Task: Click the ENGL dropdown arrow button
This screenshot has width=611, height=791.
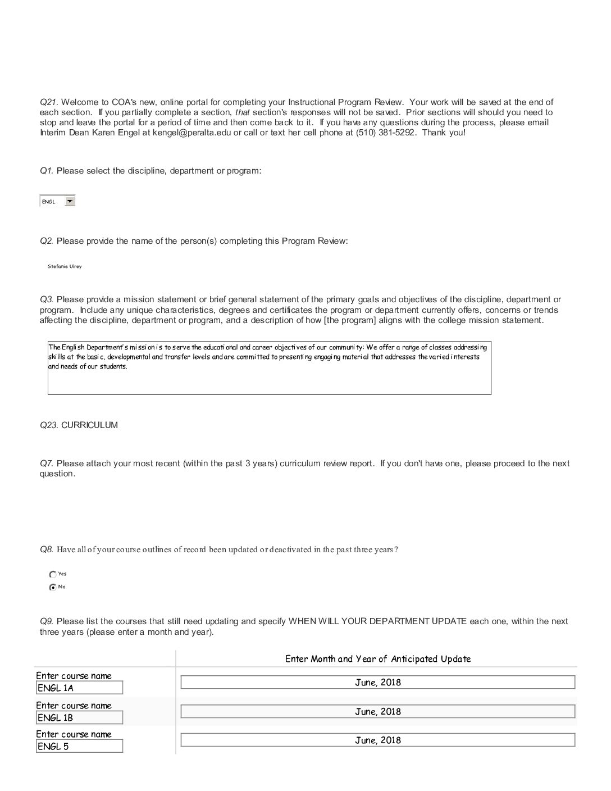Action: tap(70, 201)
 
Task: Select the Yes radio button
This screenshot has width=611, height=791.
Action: tap(53, 574)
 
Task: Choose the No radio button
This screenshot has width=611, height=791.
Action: tap(53, 587)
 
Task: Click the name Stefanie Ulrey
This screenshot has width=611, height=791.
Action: tap(65, 266)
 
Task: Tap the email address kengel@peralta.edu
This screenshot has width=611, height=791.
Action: tap(184, 133)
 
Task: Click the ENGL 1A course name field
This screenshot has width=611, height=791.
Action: tap(79, 688)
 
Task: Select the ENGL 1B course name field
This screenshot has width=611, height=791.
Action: tap(79, 717)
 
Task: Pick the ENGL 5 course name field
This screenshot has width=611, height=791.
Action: tap(79, 746)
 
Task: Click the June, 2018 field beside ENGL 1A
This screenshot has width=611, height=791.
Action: tap(377, 683)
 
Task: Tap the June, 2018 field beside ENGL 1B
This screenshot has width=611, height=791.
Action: tap(377, 712)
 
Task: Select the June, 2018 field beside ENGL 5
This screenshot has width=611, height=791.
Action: tap(377, 740)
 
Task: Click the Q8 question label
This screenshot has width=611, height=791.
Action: tap(47, 549)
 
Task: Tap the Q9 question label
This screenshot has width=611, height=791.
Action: tap(47, 621)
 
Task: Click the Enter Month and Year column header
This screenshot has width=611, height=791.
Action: tap(377, 659)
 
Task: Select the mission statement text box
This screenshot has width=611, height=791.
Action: tap(269, 368)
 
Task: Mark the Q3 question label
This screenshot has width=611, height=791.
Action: tap(47, 299)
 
